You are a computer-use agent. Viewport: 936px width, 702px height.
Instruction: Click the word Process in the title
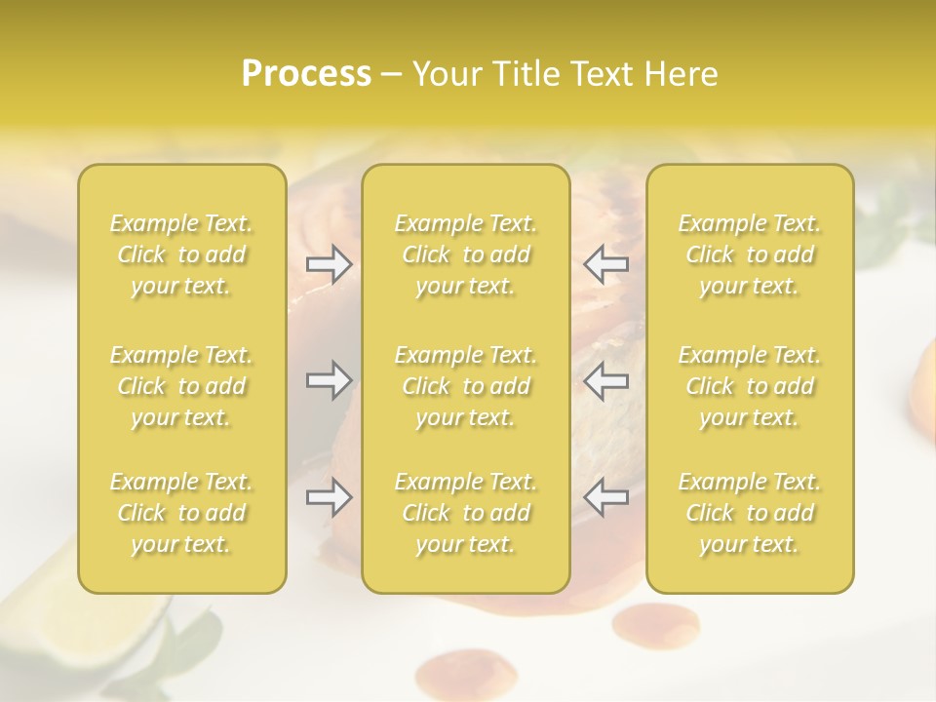pyautogui.click(x=306, y=74)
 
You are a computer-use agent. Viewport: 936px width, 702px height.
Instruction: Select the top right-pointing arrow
pyautogui.click(x=330, y=263)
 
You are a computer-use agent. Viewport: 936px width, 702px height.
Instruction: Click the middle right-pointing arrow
pyautogui.click(x=330, y=380)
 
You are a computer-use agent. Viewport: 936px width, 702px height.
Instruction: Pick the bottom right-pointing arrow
pyautogui.click(x=330, y=498)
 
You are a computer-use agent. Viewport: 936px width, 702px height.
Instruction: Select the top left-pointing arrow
pyautogui.click(x=606, y=263)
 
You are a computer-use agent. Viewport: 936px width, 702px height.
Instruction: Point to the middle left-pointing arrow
pyautogui.click(x=606, y=380)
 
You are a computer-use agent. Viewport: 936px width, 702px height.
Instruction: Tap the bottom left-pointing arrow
pyautogui.click(x=606, y=498)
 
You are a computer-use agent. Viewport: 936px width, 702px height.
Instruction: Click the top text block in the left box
pyautogui.click(x=181, y=254)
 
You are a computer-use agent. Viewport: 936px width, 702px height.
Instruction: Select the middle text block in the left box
pyautogui.click(x=181, y=386)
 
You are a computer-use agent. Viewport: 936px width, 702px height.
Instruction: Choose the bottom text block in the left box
pyautogui.click(x=181, y=513)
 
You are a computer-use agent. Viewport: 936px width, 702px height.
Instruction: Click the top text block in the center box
pyautogui.click(x=466, y=254)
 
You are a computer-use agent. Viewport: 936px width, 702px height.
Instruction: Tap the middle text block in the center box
pyautogui.click(x=466, y=386)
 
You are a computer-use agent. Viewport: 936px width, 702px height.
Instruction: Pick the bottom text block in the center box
pyautogui.click(x=466, y=513)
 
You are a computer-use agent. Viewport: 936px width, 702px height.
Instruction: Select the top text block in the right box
pyautogui.click(x=750, y=254)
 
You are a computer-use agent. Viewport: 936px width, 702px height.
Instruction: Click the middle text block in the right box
pyautogui.click(x=750, y=386)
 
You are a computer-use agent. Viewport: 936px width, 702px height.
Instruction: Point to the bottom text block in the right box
pyautogui.click(x=750, y=513)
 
